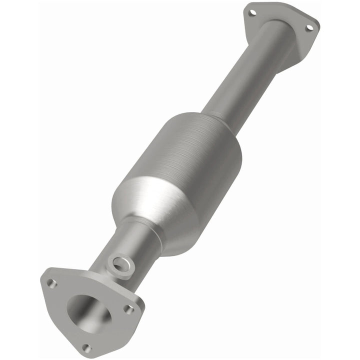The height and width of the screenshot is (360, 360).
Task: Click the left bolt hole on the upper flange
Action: click(251, 12)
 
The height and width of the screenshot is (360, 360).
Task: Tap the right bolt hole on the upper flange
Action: click(309, 28)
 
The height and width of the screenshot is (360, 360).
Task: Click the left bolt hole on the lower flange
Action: click(51, 283)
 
